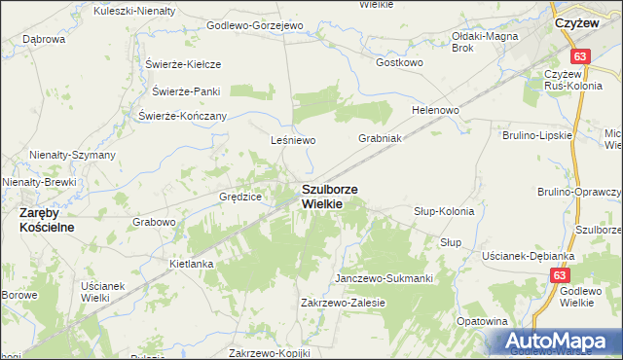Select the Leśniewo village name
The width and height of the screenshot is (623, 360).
pyautogui.click(x=294, y=140)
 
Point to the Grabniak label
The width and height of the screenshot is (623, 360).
pyautogui.click(x=380, y=138)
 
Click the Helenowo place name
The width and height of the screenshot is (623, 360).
pyautogui.click(x=435, y=110)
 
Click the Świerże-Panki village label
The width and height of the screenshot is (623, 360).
pyautogui.click(x=187, y=91)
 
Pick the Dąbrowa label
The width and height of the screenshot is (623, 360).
pyautogui.click(x=43, y=39)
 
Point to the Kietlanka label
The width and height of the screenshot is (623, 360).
pyautogui.click(x=191, y=263)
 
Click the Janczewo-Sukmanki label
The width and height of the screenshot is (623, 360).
pyautogui.click(x=384, y=278)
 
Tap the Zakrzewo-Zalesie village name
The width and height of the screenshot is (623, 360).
pyautogui.click(x=344, y=303)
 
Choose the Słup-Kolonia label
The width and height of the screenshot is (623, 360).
pyautogui.click(x=444, y=211)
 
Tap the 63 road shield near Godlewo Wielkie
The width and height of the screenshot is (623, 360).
pyautogui.click(x=558, y=276)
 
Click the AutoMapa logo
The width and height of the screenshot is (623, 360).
pyautogui.click(x=559, y=342)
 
